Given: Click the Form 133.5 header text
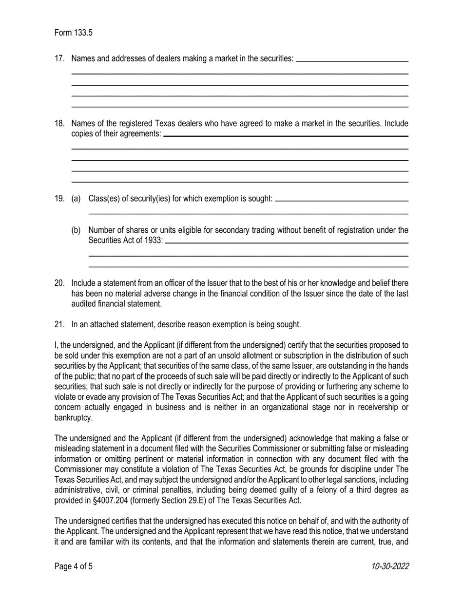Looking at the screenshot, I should pyautogui.click(x=73, y=33).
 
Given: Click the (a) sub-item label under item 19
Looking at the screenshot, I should pyautogui.click(x=76, y=198).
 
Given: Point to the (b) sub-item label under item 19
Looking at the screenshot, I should pyautogui.click(x=76, y=230).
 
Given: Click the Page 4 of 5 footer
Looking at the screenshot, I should pyautogui.click(x=73, y=566).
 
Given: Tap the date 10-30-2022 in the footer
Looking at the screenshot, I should pyautogui.click(x=389, y=566).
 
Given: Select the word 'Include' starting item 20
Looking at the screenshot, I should pyautogui.click(x=84, y=283).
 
